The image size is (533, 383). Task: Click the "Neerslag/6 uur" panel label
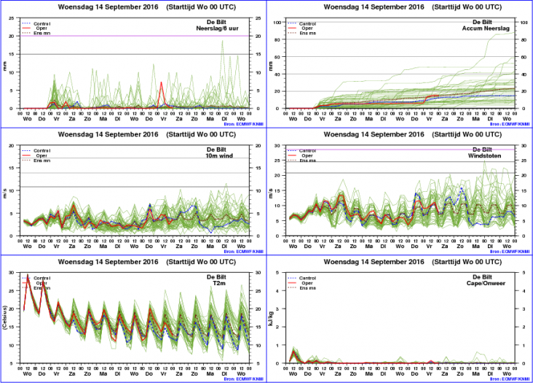point(218,28)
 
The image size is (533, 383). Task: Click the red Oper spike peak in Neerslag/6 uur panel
point(161,82)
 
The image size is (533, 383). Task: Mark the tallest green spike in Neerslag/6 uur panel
point(223,42)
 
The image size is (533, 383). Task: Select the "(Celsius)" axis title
point(7,318)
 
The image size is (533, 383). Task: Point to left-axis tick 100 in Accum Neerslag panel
point(277,22)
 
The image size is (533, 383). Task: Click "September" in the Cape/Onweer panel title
point(390,265)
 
